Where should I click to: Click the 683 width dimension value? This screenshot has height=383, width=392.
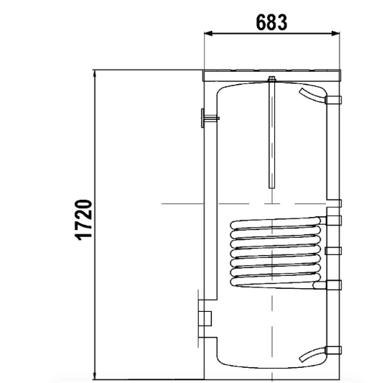271,22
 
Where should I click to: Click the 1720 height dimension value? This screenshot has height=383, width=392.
84,220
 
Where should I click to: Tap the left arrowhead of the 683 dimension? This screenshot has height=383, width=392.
208,33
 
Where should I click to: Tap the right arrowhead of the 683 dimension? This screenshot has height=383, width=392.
335,33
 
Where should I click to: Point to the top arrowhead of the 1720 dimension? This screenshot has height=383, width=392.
95,74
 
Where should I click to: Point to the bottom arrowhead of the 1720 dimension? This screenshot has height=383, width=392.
95,375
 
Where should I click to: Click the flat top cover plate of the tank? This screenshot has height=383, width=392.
271,75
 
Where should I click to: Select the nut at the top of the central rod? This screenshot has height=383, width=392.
271,79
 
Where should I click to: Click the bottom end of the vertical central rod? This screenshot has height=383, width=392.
272,188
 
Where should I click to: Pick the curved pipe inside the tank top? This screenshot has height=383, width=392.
312,96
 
